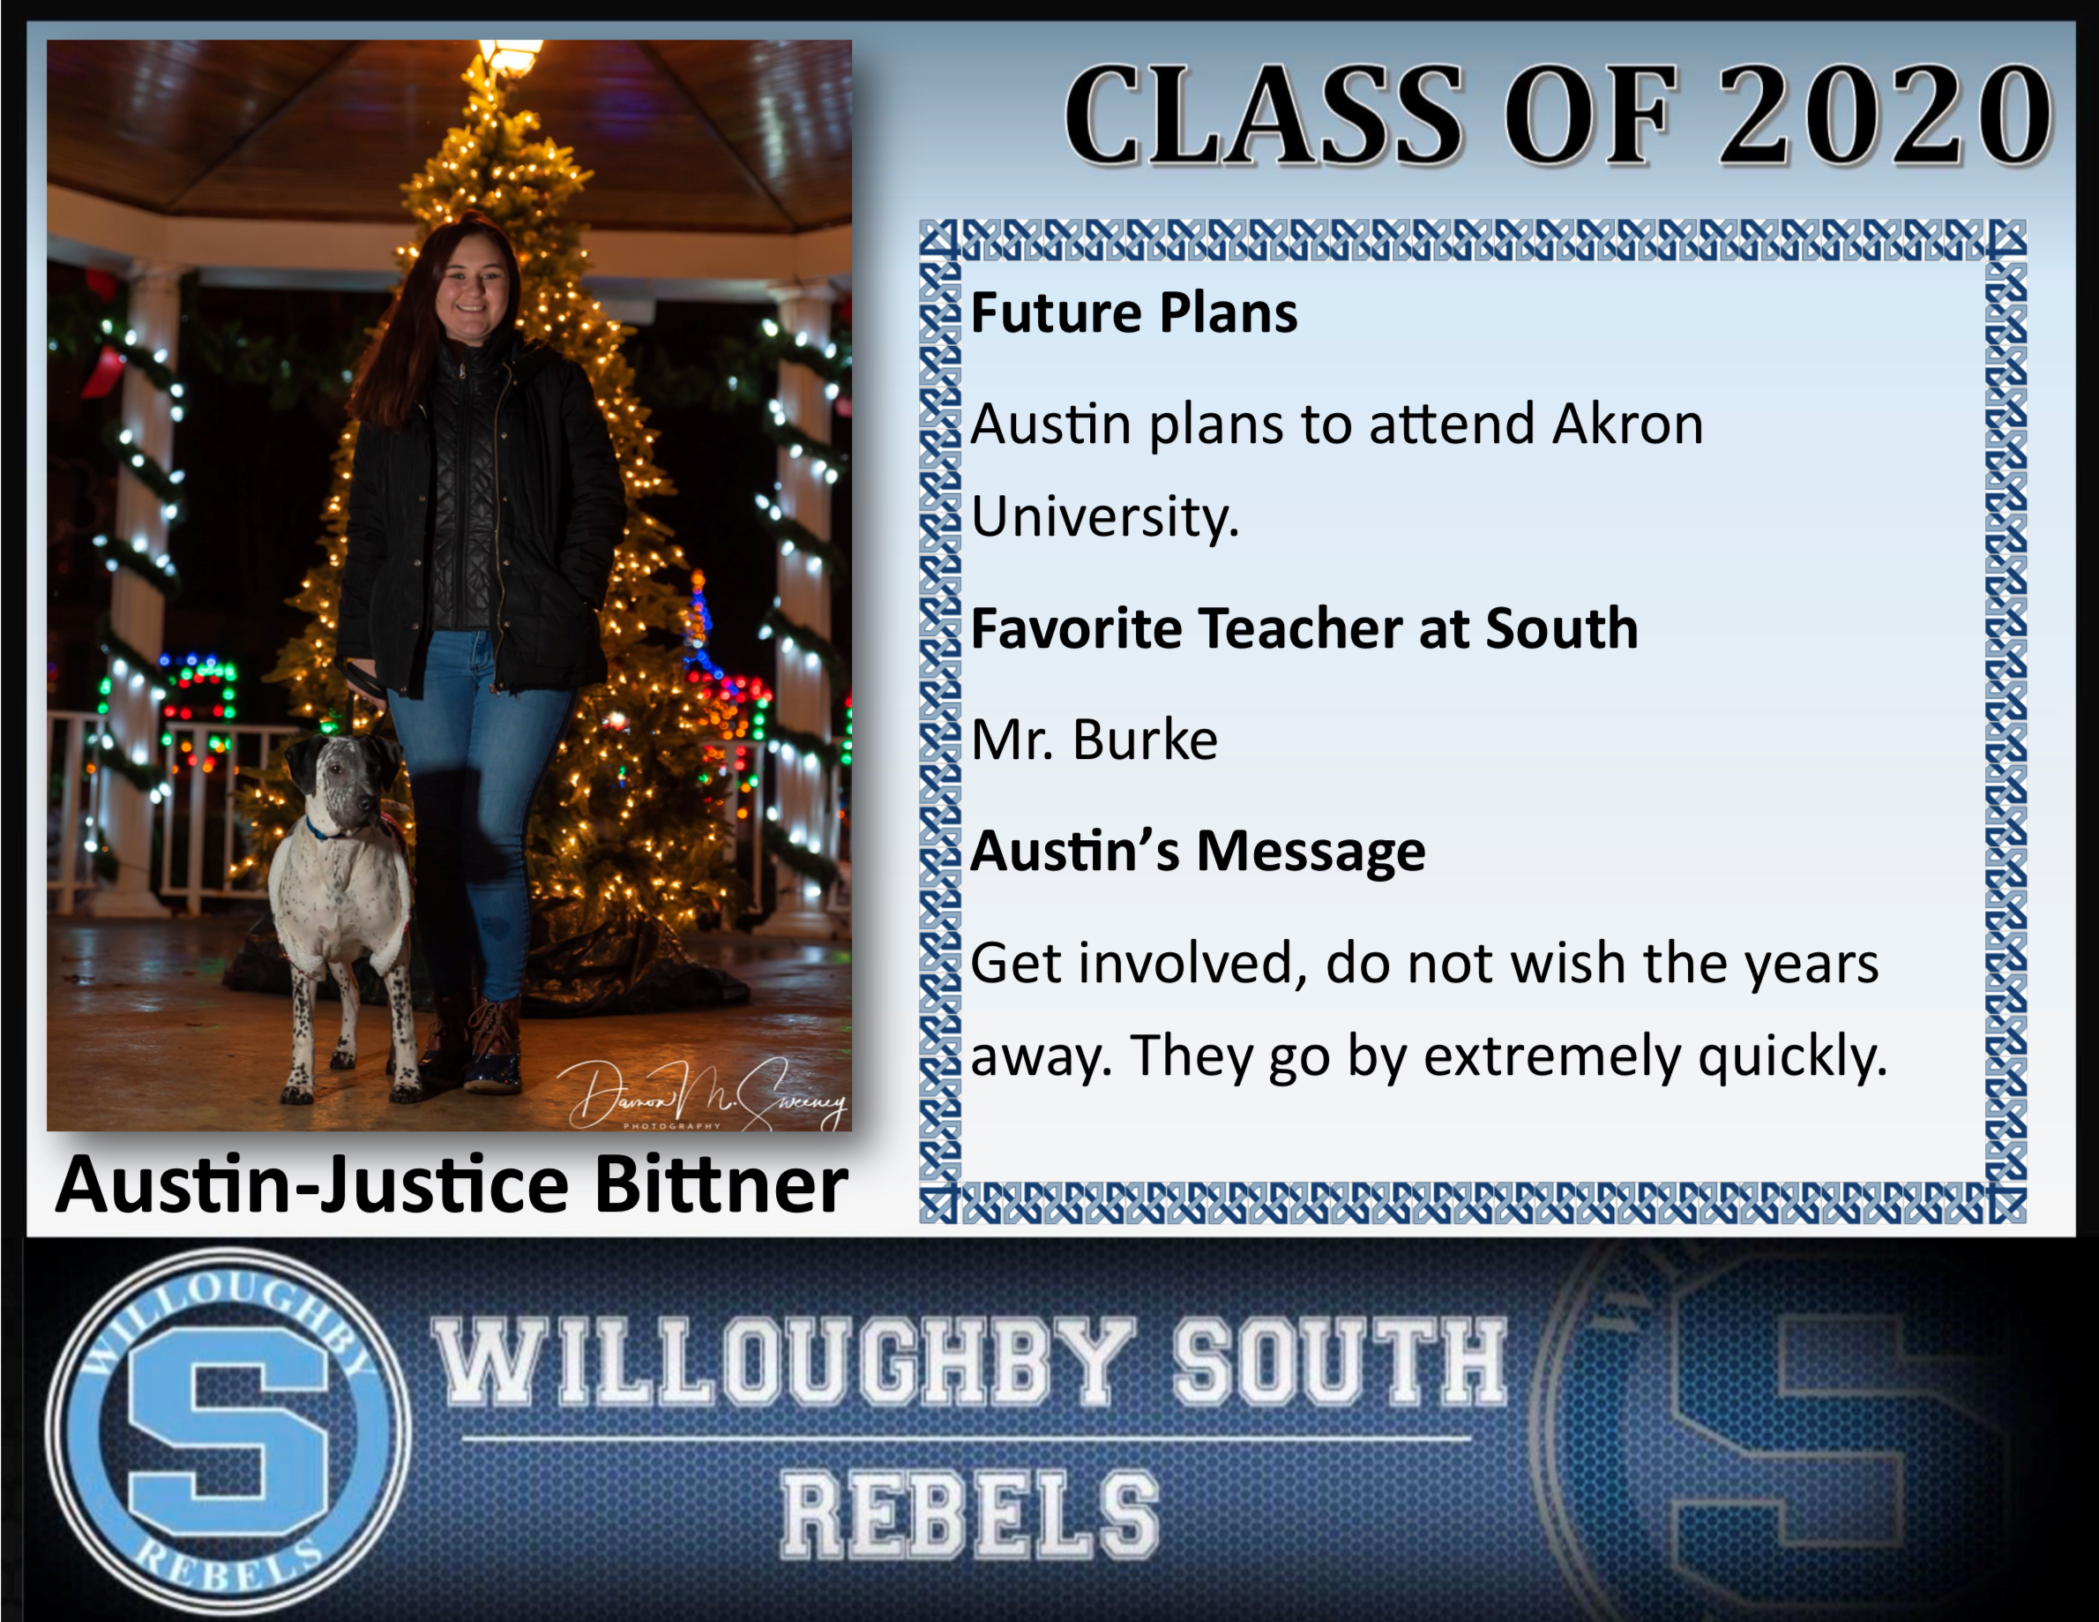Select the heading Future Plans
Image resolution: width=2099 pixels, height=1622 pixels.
[1134, 313]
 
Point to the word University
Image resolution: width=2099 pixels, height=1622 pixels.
[1105, 517]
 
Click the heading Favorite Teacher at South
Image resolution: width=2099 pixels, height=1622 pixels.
[1304, 629]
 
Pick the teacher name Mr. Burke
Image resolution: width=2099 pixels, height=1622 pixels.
[1094, 740]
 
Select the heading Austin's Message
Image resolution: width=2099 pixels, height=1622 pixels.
[1199, 852]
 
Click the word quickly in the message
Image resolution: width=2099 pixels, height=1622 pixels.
[1793, 1057]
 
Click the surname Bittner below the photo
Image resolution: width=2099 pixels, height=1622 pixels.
[721, 1184]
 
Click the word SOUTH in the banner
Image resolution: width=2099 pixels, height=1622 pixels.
[1339, 1362]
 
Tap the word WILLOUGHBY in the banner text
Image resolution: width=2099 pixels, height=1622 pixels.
[784, 1362]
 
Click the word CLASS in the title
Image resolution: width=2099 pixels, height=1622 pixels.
[1264, 116]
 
